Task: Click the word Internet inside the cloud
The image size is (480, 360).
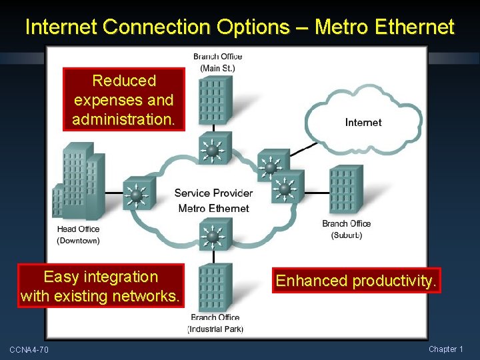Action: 363,122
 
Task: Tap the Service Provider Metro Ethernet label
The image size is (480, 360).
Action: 213,201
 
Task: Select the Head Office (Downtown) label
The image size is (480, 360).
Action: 78,235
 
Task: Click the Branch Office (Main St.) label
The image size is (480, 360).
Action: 217,62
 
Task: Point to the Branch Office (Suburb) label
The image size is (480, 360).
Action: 346,229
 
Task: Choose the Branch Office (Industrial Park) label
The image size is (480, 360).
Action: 215,323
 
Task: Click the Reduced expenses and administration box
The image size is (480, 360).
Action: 124,100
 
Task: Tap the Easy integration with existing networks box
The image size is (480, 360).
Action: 101,286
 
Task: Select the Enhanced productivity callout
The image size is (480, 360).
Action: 357,281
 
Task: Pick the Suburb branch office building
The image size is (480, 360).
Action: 345,190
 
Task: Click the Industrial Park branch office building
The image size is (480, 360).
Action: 215,287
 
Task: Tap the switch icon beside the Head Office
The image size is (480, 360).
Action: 138,195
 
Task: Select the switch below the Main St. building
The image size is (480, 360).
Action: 213,150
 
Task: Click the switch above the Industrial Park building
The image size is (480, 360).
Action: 213,235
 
